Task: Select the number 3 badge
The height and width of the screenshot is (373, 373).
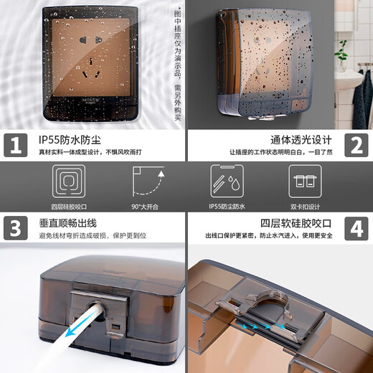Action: [x=15, y=228]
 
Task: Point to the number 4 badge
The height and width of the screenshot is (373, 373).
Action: [x=357, y=228]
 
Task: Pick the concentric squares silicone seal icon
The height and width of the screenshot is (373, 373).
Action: [x=69, y=181]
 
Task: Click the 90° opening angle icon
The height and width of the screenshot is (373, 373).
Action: [x=147, y=182]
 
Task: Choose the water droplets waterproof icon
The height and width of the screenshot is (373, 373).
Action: [x=225, y=182]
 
